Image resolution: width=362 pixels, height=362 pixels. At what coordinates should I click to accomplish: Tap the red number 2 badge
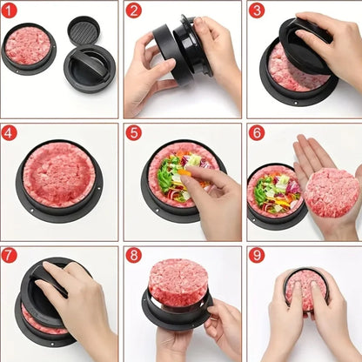point(133,10)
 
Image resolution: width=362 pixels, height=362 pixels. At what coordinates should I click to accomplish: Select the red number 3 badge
point(257,10)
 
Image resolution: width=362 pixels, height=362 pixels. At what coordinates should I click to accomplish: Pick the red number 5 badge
point(133,133)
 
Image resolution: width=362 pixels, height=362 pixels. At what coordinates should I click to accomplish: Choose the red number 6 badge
point(257,133)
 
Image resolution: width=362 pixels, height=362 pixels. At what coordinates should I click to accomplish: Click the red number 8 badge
point(133,256)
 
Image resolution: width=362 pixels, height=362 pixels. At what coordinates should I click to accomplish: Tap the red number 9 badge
point(257,256)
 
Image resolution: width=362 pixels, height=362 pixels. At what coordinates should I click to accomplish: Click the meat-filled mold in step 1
point(28,47)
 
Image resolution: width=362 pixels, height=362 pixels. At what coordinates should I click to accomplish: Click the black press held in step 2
point(181,48)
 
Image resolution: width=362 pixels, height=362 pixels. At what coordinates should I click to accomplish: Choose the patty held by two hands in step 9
point(305,289)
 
